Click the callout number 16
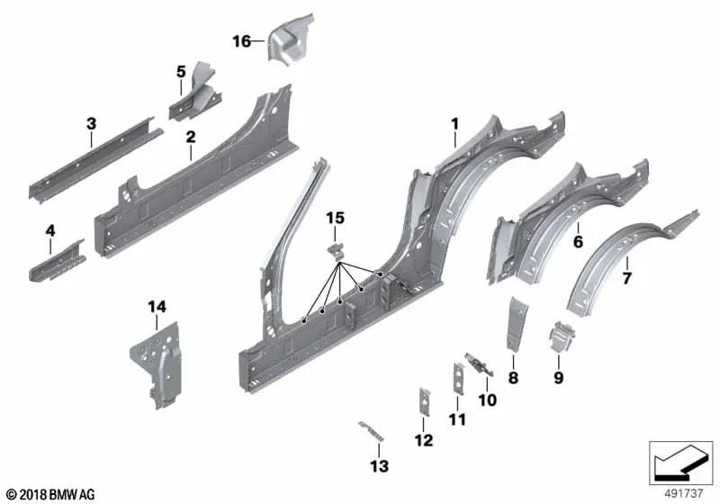241,41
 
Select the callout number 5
181,70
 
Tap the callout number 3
91,123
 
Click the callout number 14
157,308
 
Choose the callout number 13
379,465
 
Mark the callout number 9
558,378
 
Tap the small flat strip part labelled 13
370,428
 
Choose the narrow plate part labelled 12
422,401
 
